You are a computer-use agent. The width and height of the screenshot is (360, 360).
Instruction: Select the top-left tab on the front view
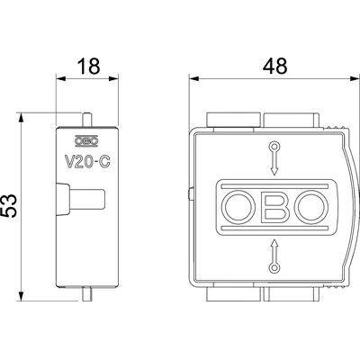224,119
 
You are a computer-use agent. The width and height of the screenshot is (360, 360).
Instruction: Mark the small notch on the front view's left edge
191,193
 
